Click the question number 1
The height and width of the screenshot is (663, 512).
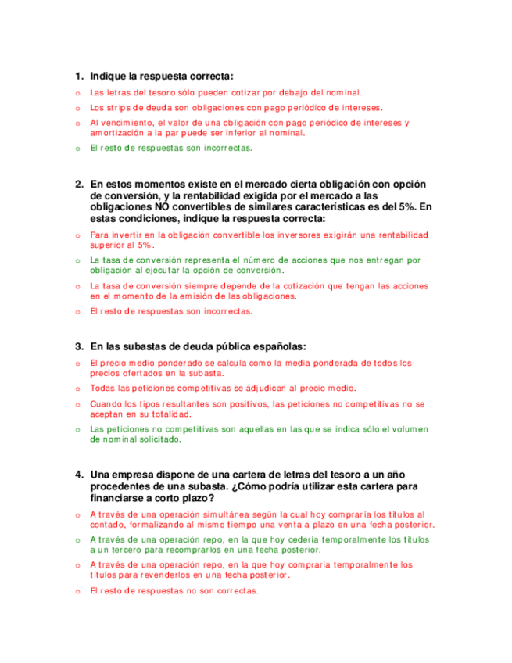click(78, 76)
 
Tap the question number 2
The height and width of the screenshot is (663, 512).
click(78, 185)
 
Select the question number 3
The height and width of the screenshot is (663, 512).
click(78, 346)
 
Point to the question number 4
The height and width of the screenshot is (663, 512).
click(78, 475)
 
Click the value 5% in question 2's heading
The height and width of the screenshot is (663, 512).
click(407, 206)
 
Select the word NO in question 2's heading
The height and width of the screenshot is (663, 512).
click(162, 206)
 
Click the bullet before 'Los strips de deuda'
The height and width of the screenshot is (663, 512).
click(77, 109)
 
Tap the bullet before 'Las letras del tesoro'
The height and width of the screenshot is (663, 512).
click(77, 94)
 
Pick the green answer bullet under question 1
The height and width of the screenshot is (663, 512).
click(77, 149)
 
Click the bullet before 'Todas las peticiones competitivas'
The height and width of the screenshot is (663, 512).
click(77, 389)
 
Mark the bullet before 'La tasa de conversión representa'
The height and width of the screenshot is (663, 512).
click(77, 260)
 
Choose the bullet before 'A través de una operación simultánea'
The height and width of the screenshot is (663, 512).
click(77, 515)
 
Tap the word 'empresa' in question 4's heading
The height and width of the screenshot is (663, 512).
click(135, 475)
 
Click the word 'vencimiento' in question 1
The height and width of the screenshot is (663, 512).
click(125, 123)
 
